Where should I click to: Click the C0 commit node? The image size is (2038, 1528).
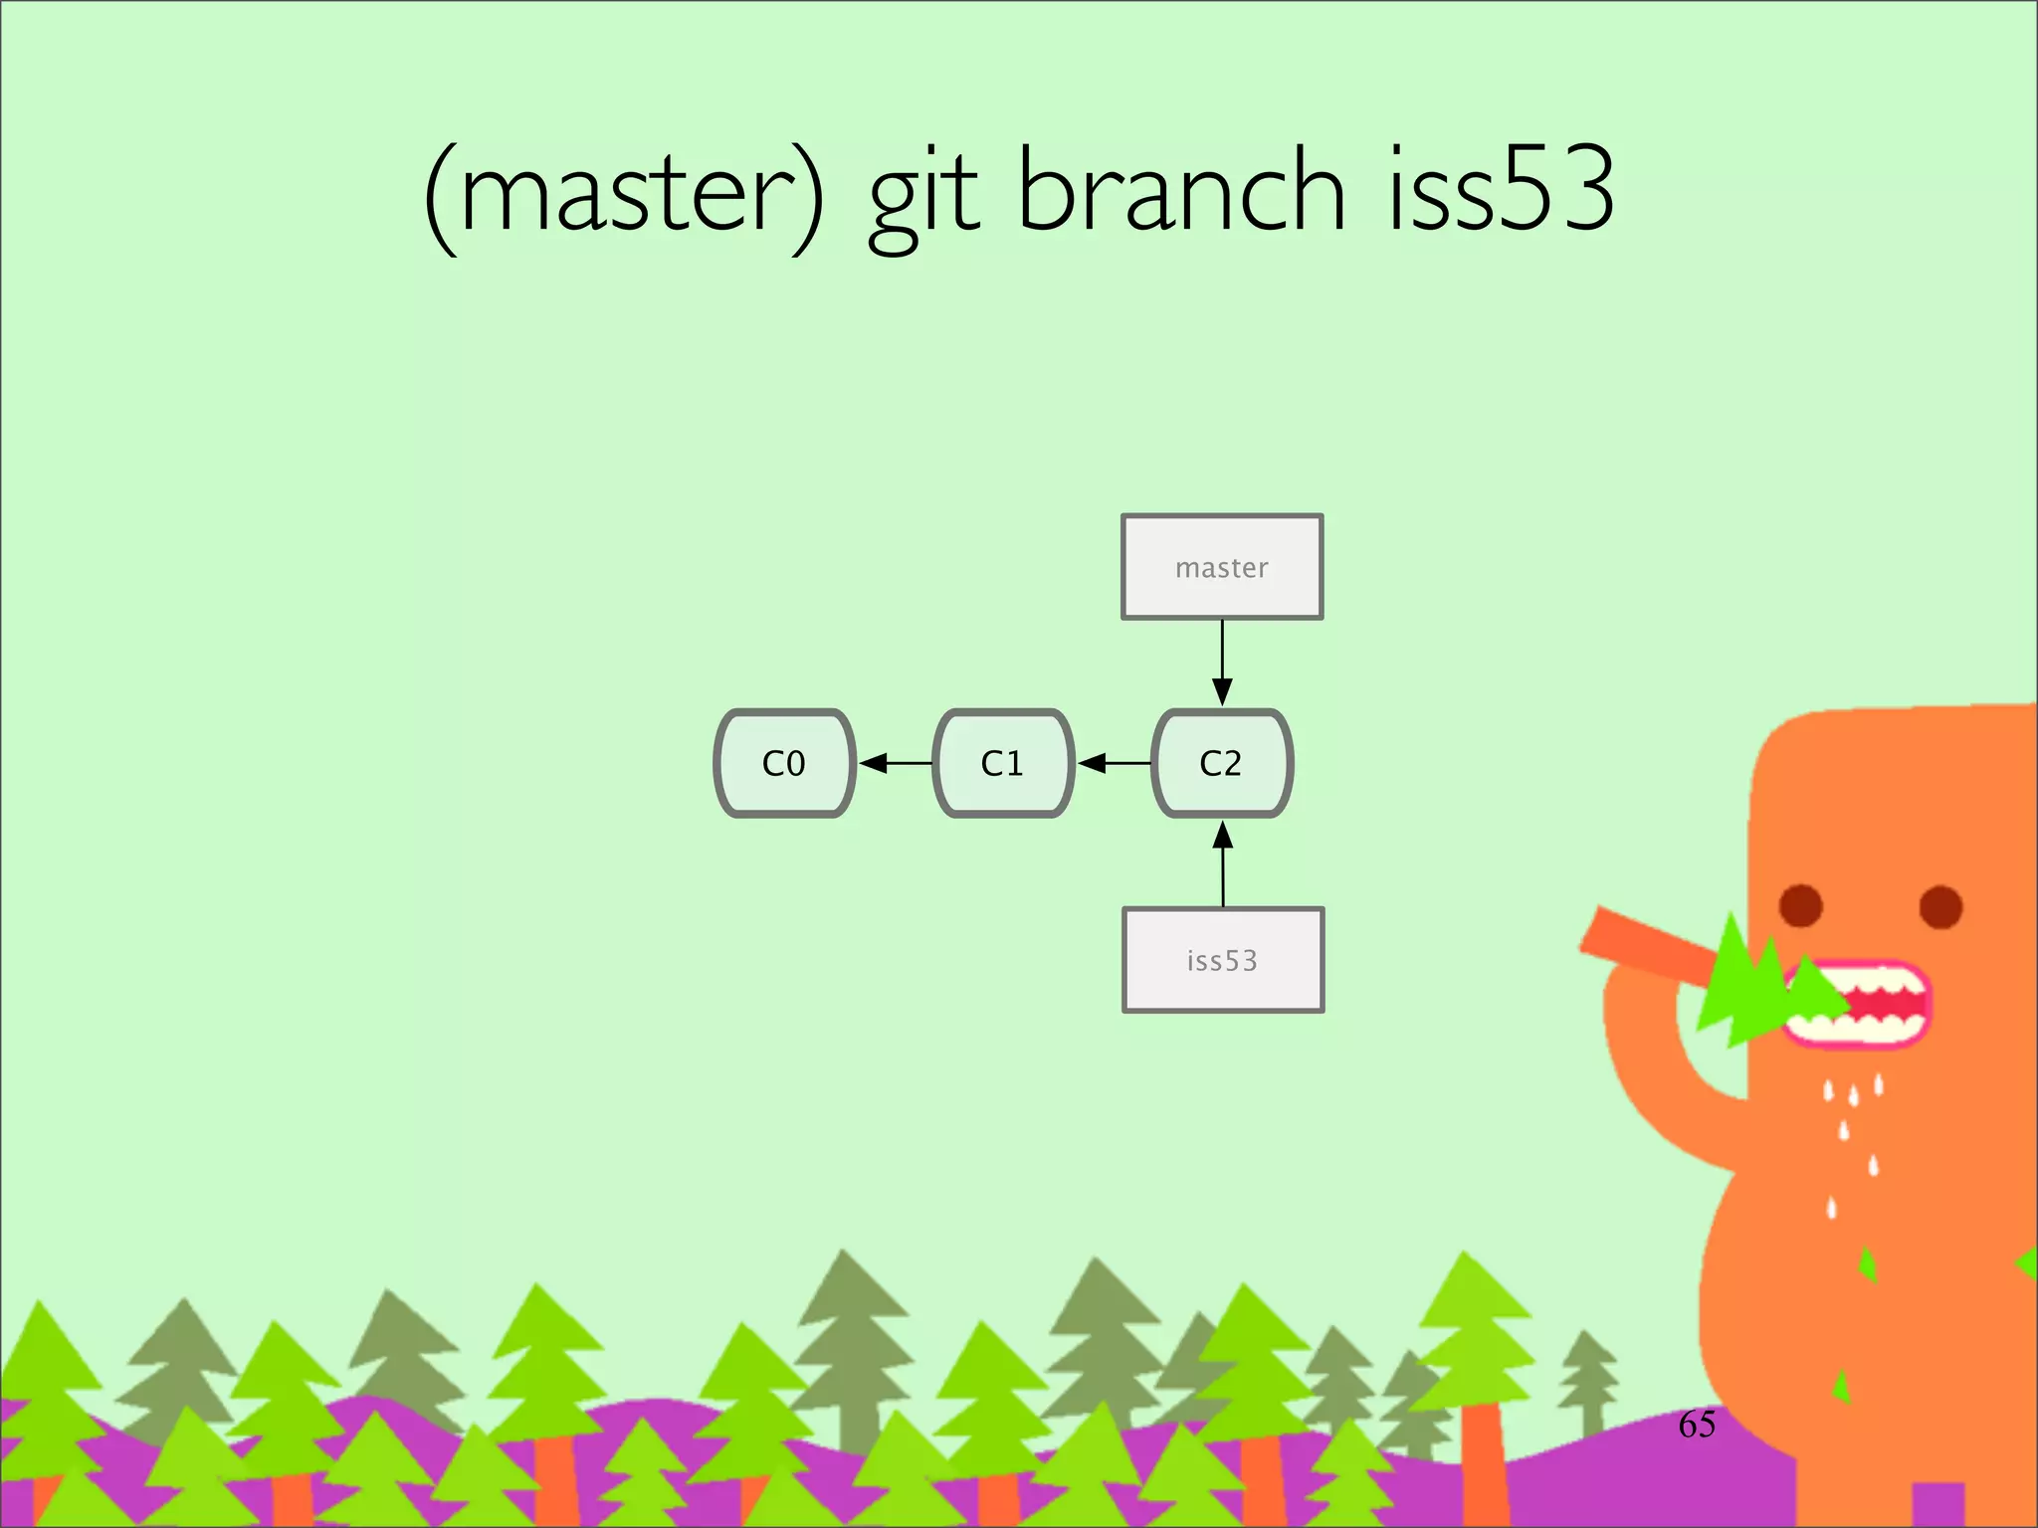[x=784, y=763]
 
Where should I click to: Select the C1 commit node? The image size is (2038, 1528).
[x=1003, y=763]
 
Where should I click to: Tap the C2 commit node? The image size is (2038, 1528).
[x=1222, y=763]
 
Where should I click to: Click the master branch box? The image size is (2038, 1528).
[x=1222, y=567]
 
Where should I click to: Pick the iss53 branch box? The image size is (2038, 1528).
[x=1223, y=960]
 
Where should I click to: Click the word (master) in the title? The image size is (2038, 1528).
[x=624, y=194]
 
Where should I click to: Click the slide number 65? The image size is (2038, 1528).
[x=1697, y=1425]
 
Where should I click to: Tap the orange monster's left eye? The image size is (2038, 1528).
[x=1800, y=905]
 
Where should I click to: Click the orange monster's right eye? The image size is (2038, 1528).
[x=1940, y=906]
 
